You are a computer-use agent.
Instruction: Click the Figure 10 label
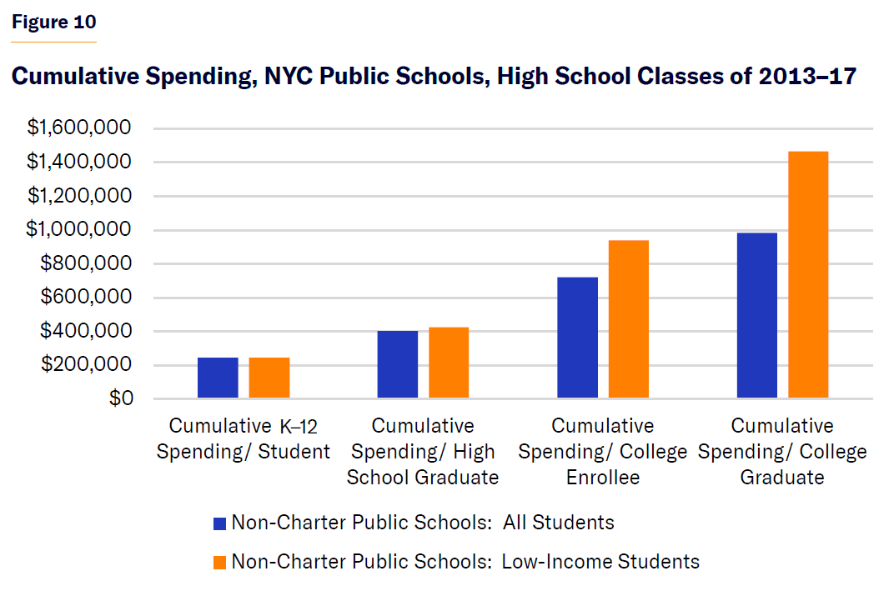(x=53, y=23)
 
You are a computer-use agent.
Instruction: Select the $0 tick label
(x=120, y=398)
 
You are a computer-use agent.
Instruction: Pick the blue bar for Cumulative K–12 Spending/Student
(x=218, y=378)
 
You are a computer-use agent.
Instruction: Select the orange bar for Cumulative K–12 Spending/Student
(x=269, y=378)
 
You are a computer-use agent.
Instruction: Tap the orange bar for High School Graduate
(x=449, y=363)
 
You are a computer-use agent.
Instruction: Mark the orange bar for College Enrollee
(x=629, y=320)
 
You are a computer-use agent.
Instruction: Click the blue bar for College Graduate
(x=757, y=316)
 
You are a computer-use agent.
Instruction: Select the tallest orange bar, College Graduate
(x=808, y=275)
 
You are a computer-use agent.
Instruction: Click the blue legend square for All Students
(x=220, y=523)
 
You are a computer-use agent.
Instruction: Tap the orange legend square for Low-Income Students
(x=220, y=562)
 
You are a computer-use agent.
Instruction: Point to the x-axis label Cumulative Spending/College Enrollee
(x=602, y=452)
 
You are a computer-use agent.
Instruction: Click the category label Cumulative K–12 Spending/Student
(x=244, y=439)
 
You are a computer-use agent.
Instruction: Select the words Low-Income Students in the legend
(x=600, y=561)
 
